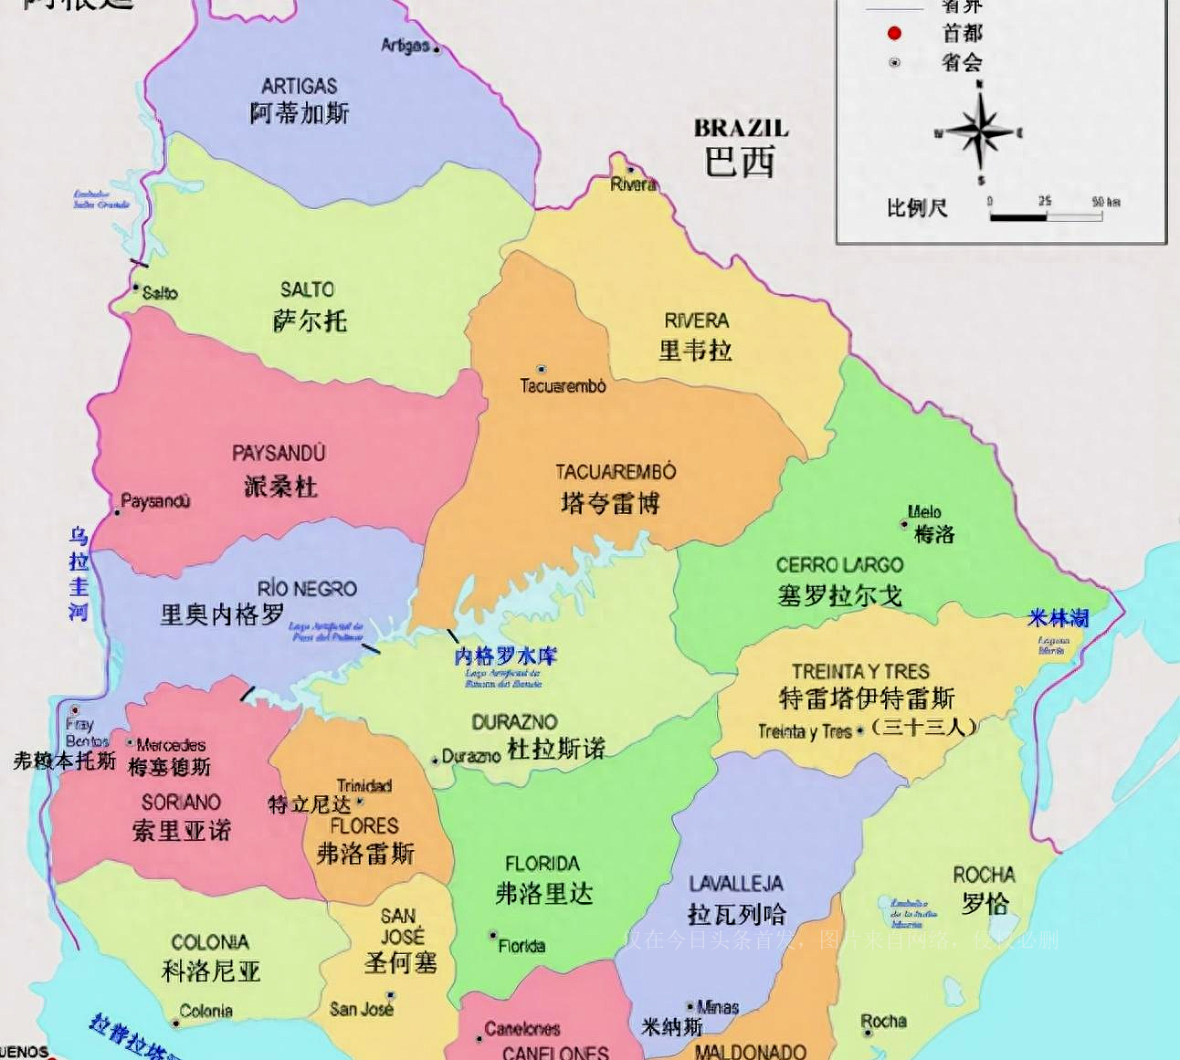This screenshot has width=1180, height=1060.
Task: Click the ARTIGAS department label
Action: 299,87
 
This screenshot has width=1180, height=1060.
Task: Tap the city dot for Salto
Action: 136,291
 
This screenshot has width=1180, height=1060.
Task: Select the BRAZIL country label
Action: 741,128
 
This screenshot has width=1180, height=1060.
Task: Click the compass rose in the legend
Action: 980,133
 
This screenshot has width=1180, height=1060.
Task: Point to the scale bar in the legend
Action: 1046,217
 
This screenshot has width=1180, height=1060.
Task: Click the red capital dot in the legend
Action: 894,33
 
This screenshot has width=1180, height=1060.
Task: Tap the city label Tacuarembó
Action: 563,386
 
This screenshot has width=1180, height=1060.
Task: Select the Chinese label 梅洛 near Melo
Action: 934,535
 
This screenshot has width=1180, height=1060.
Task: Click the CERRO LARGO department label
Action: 839,565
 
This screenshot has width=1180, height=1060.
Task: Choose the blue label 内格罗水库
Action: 505,656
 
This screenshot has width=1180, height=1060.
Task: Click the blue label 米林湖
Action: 1058,618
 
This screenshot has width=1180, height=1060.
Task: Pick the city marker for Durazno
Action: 435,760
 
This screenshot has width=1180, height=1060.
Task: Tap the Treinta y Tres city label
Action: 804,731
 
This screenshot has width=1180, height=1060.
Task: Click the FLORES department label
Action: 364,826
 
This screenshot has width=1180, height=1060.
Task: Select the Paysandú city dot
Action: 117,512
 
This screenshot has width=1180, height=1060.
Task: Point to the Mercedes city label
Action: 171,745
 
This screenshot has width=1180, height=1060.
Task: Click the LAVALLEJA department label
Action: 735,884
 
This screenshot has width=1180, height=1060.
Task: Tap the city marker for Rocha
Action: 867,1033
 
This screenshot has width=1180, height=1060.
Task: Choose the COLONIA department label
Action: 210,942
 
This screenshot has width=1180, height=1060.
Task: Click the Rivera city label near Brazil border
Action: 633,184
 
